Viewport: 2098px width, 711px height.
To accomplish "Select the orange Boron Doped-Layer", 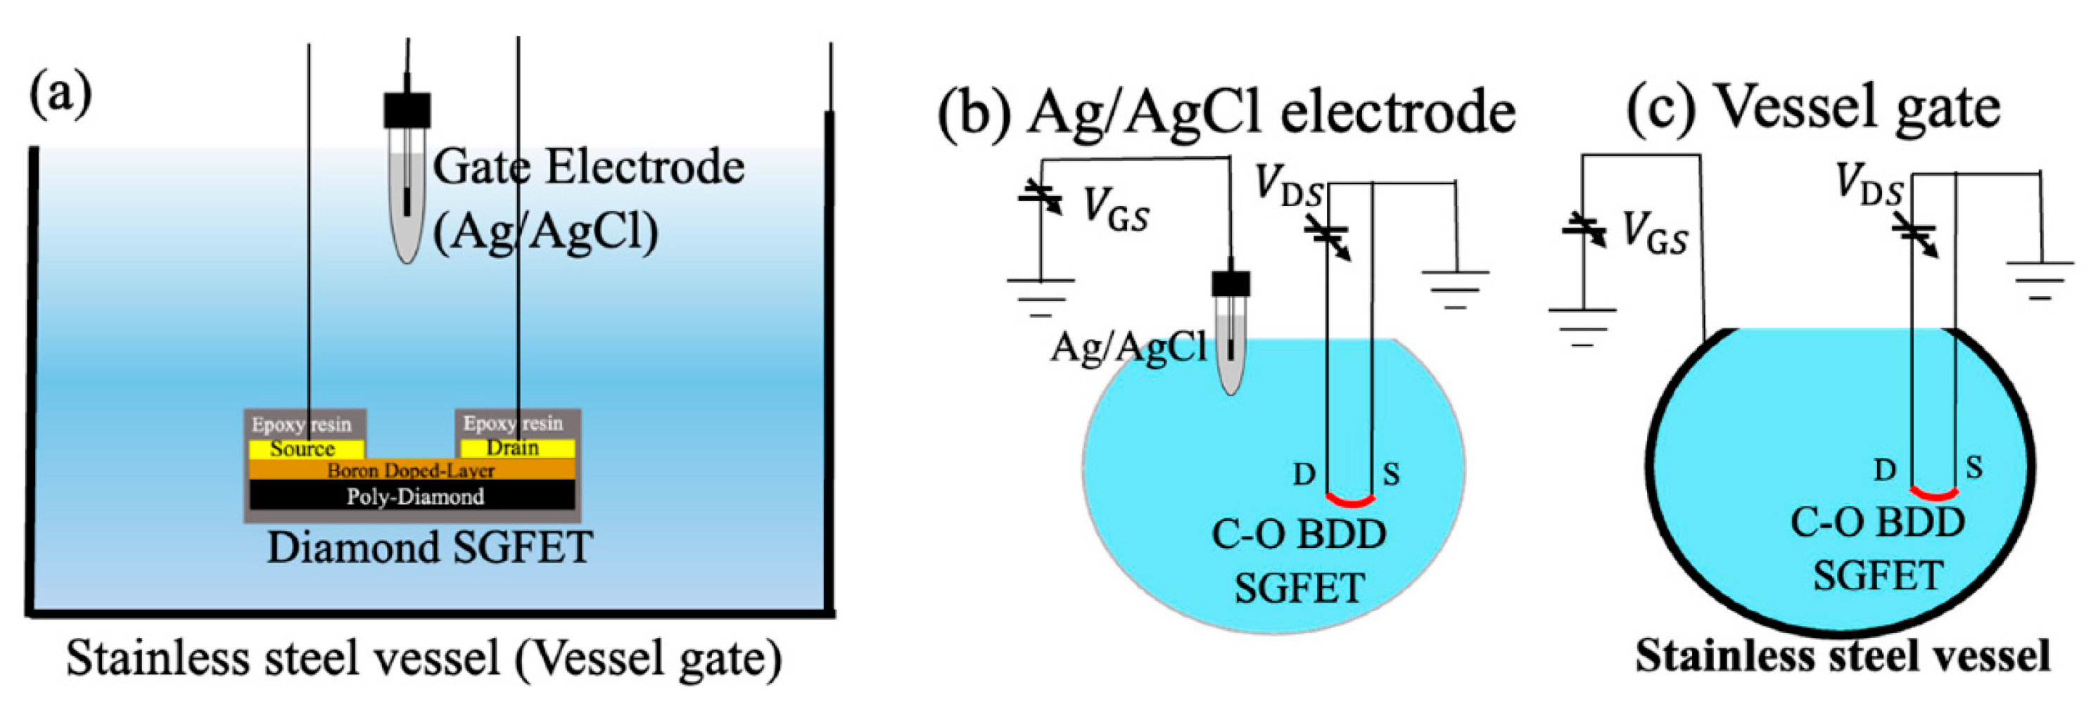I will click(x=412, y=470).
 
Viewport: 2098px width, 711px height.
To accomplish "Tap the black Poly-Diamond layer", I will click(x=414, y=496).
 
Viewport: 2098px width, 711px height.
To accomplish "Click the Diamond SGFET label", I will click(x=429, y=547).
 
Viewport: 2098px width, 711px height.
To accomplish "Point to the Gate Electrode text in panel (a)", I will click(x=588, y=168).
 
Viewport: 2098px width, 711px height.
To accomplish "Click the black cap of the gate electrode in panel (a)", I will click(x=407, y=110).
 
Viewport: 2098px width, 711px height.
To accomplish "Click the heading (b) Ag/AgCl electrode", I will click(x=1226, y=112).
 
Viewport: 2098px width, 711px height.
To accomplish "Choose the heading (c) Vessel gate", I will click(x=1813, y=108).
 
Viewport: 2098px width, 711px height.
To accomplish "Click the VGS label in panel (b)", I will click(x=1115, y=210).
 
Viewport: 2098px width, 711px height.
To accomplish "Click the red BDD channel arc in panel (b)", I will click(x=1350, y=499).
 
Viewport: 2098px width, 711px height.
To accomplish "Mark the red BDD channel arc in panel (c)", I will click(x=1933, y=493).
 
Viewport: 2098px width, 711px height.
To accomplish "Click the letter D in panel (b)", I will click(x=1304, y=474).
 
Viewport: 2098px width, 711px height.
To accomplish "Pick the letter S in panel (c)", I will click(x=1973, y=468).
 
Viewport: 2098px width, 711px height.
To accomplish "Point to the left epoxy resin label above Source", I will click(x=300, y=424).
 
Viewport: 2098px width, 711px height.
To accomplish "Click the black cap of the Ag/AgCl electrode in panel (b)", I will click(x=1231, y=283).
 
